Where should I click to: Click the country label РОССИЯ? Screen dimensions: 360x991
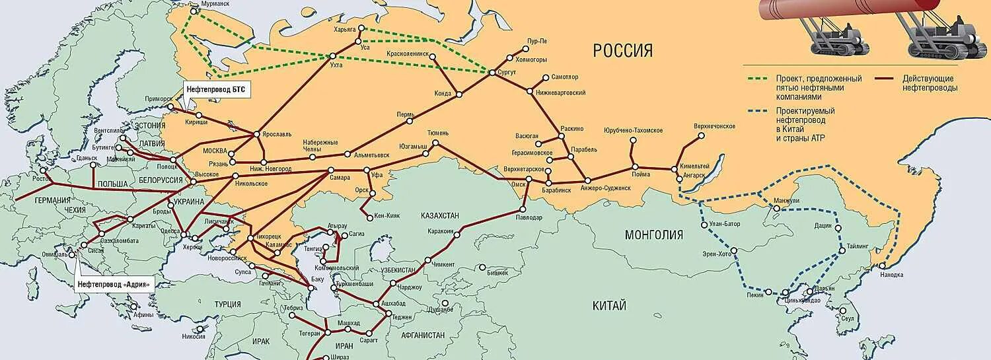(622, 51)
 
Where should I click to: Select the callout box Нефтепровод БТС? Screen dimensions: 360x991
(218, 90)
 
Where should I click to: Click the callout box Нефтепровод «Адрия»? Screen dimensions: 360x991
(114, 285)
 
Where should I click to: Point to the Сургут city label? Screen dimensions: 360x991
(506, 71)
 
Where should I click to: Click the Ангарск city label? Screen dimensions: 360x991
(694, 175)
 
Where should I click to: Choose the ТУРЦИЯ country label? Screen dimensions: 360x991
(227, 304)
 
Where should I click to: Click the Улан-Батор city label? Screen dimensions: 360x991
(725, 224)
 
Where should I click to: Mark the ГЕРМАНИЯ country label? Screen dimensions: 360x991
(53, 200)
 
